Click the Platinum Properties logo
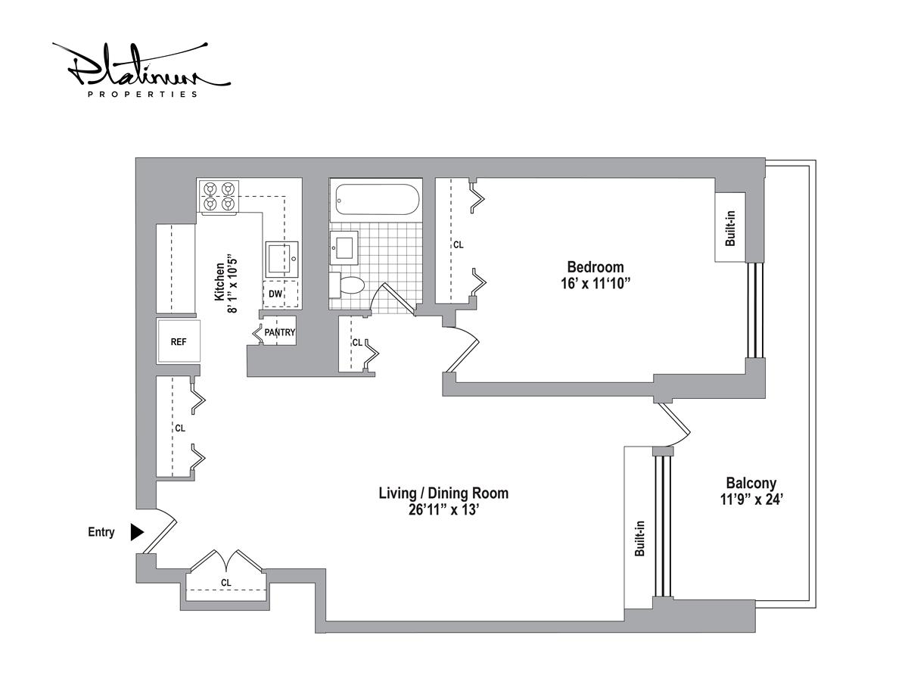click(x=141, y=70)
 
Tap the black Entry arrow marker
click(x=137, y=532)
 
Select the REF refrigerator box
click(x=179, y=341)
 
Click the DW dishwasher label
click(x=275, y=294)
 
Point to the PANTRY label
click(x=280, y=332)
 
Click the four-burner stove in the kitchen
click(x=219, y=197)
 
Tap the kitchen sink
click(x=281, y=260)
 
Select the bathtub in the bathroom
click(x=375, y=199)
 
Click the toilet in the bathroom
click(x=347, y=285)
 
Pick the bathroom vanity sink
click(x=344, y=247)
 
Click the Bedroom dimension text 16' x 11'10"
click(x=595, y=284)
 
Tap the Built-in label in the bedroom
click(x=730, y=229)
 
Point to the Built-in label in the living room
click(x=639, y=538)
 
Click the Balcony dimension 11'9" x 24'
click(x=751, y=499)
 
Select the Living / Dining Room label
click(x=443, y=493)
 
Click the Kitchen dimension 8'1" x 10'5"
click(x=232, y=285)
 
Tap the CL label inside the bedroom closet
click(x=459, y=245)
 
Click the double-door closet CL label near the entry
click(x=225, y=583)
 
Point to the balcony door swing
click(x=674, y=425)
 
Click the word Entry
click(x=101, y=532)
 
